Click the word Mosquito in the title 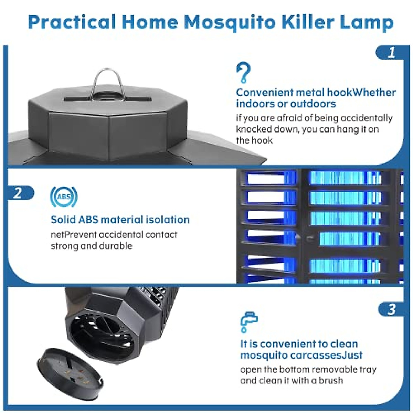click(x=230, y=22)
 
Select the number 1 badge click(x=391, y=53)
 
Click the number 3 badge click(x=391, y=309)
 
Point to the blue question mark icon click(x=243, y=73)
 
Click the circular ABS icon click(x=64, y=197)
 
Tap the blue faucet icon click(x=248, y=322)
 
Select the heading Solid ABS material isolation click(x=120, y=220)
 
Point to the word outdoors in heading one click(x=313, y=104)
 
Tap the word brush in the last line click(x=331, y=380)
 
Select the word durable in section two click(x=116, y=246)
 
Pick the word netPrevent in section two click(x=73, y=235)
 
